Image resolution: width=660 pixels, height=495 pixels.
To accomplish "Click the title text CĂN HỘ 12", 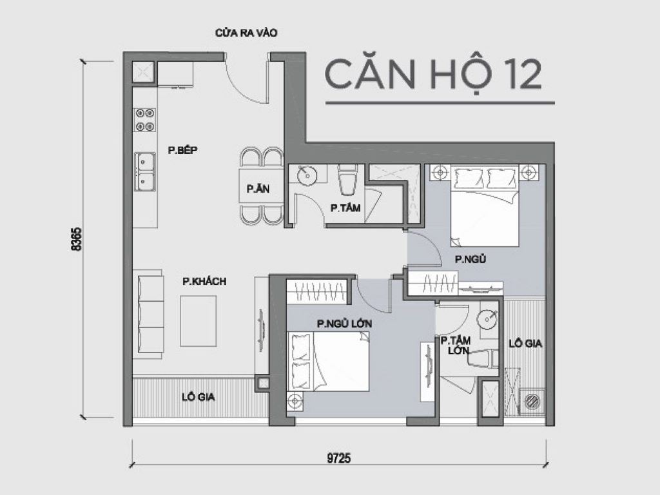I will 432,75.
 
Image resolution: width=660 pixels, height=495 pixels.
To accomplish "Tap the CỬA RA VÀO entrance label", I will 246,33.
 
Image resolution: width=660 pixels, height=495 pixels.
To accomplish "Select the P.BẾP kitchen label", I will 182,150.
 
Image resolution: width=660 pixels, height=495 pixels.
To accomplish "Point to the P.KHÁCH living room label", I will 204,281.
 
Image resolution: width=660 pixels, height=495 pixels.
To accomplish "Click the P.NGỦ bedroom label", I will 470,260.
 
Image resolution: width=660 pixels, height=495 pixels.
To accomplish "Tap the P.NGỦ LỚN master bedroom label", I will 344,322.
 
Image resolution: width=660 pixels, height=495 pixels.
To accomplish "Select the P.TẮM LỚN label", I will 454,345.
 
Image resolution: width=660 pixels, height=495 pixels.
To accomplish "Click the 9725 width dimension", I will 339,458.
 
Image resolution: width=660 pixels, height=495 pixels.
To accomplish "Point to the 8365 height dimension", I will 77,239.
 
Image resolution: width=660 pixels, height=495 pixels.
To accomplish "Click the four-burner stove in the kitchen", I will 144,120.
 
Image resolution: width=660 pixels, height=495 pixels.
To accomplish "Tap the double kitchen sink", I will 144,171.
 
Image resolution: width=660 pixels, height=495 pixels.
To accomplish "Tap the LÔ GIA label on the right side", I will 526,344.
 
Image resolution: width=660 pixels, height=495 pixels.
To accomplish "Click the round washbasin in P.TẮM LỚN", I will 488,318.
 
